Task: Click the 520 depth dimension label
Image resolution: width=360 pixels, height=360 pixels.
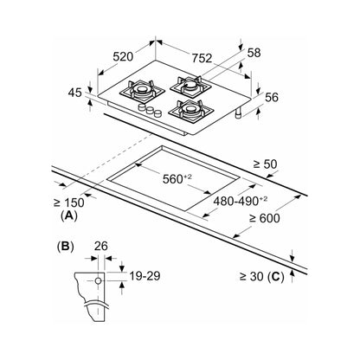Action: tap(123, 56)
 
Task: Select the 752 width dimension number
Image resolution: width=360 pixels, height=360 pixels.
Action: tap(202, 58)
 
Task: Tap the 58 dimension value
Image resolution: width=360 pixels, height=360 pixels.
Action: tap(254, 53)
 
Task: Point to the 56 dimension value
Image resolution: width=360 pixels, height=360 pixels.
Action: tap(272, 97)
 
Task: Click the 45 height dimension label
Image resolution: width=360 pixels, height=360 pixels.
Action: tap(75, 93)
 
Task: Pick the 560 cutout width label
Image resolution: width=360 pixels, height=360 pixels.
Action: tap(177, 179)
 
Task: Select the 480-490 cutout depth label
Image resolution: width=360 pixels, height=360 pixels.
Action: tap(241, 201)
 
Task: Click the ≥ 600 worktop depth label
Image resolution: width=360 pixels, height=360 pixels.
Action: tap(264, 218)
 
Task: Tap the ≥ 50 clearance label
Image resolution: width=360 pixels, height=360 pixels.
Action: tap(265, 164)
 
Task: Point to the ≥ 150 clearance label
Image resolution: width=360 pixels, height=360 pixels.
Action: tap(69, 202)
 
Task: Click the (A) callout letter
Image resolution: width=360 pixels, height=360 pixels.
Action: tap(69, 215)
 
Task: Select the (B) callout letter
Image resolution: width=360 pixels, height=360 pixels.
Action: tap(66, 247)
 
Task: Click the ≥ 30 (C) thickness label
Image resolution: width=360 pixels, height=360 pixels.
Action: tap(261, 277)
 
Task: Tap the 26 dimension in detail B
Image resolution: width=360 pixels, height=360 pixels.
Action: tap(101, 246)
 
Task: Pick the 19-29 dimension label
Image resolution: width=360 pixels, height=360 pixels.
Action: tap(145, 276)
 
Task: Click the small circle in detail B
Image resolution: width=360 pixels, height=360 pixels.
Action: tap(98, 280)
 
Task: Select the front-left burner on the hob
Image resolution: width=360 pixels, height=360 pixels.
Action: tap(142, 90)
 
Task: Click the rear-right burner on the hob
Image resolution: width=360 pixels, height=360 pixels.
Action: tap(190, 85)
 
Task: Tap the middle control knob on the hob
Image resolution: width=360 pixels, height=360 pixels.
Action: tap(150, 110)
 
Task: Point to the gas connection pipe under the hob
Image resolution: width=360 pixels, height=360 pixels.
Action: tap(239, 113)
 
